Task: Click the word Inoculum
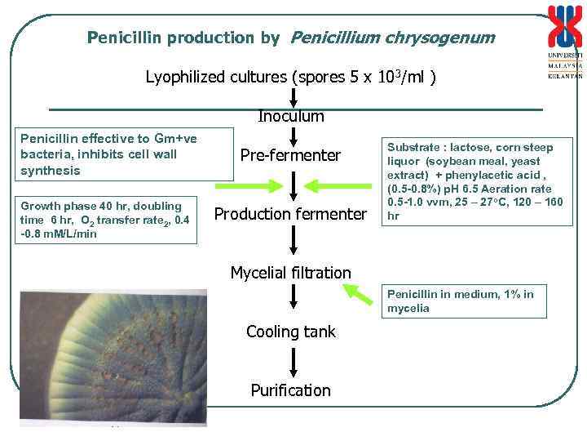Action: coord(291,117)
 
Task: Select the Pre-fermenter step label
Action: coord(290,155)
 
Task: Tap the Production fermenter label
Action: coord(290,214)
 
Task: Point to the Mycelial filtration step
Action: coord(290,273)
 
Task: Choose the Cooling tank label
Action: coord(290,332)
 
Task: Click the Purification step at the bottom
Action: coord(290,390)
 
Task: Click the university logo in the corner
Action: coord(564,41)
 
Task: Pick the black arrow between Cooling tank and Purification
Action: coord(291,360)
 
